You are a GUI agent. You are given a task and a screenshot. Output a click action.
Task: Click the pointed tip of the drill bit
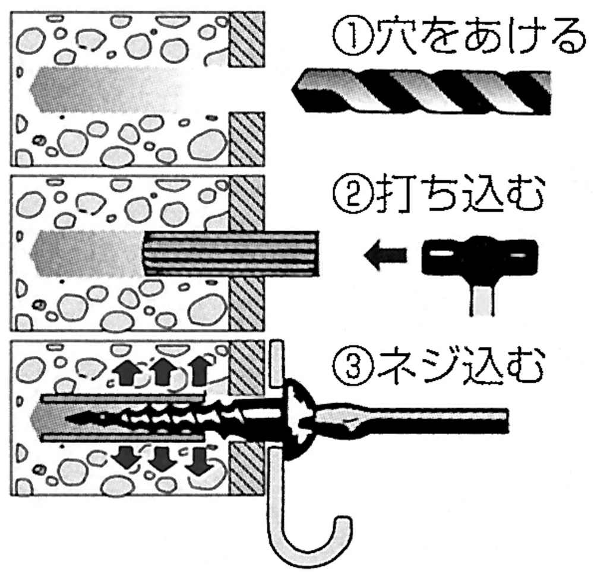[x=292, y=90]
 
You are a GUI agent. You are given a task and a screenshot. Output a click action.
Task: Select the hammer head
[x=480, y=256]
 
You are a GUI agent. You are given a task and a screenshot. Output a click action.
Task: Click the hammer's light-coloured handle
[x=482, y=300]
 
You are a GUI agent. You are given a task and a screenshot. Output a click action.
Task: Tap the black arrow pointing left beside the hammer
[x=386, y=256]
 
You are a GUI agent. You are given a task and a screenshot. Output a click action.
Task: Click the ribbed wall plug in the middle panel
[x=230, y=253]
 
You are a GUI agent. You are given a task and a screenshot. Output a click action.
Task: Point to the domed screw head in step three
[x=299, y=419]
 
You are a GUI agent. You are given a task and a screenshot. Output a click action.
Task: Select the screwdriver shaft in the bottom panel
[x=411, y=420]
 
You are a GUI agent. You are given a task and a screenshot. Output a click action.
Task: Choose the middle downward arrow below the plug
[x=162, y=460]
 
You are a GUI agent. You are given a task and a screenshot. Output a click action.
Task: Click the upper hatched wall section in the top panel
[x=247, y=39]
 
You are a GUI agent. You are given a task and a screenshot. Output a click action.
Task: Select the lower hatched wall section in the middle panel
[x=247, y=304]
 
